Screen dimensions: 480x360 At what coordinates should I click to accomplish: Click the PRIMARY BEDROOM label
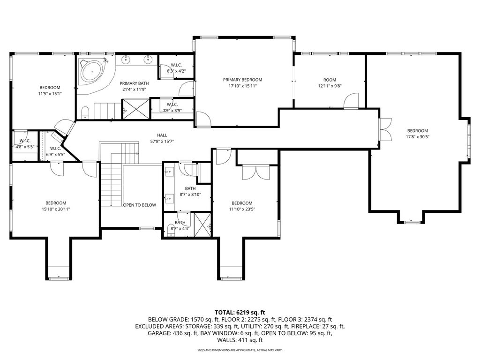click(242, 80)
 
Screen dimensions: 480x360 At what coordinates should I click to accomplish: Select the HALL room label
click(162, 135)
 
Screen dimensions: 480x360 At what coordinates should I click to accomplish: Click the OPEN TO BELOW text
click(140, 205)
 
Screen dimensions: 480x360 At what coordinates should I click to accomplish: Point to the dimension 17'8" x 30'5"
click(418, 137)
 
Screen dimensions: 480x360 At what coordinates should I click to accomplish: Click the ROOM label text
click(330, 80)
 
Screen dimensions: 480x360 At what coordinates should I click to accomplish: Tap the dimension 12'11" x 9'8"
click(330, 86)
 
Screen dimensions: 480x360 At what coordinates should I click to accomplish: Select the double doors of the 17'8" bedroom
click(386, 129)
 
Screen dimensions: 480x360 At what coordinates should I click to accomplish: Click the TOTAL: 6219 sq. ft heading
click(240, 313)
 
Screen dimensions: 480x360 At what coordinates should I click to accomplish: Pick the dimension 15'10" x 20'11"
click(56, 209)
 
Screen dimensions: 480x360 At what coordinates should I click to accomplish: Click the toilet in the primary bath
click(85, 112)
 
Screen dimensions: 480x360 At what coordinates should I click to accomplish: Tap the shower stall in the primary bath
click(135, 109)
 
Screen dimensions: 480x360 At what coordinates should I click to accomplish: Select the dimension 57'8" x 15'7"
click(162, 142)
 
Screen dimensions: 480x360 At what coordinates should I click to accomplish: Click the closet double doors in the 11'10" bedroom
click(255, 172)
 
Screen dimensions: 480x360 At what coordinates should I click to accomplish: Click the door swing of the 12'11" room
click(351, 101)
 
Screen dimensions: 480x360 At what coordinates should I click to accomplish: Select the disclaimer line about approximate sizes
click(240, 350)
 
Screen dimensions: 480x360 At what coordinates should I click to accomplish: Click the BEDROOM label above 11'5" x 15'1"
click(50, 88)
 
